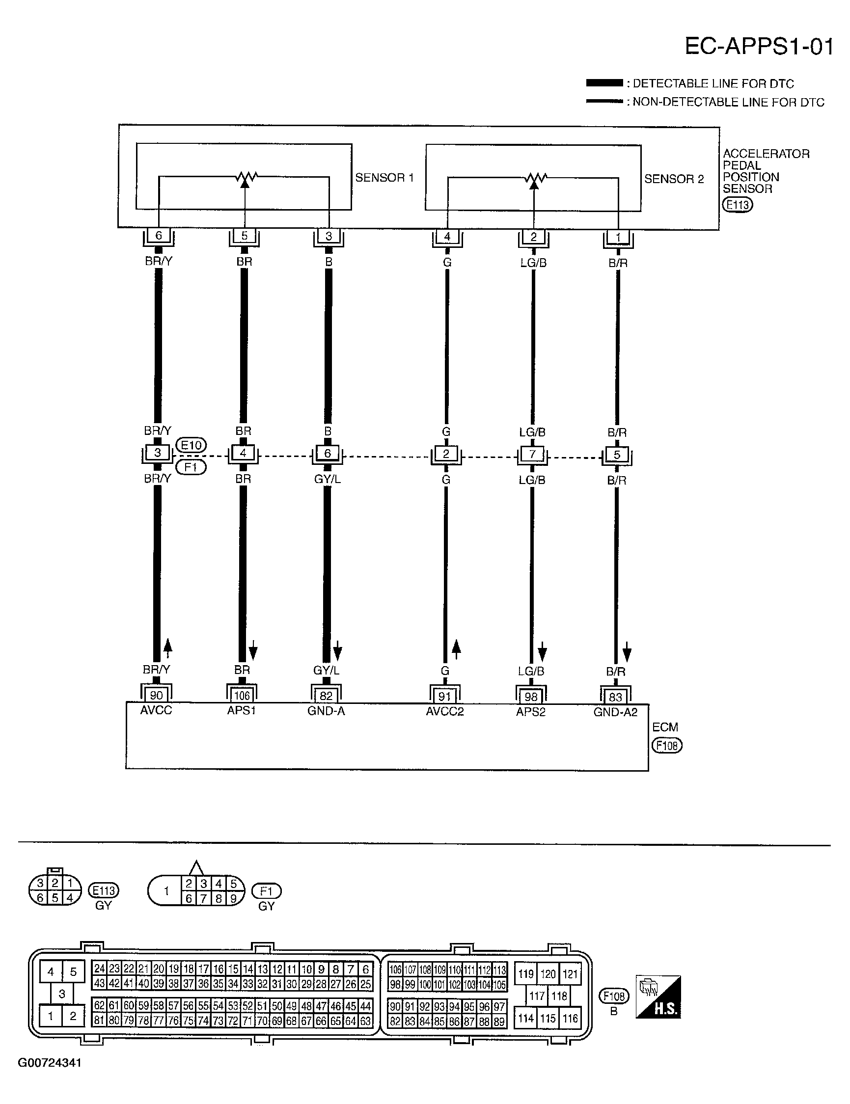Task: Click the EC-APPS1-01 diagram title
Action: (x=759, y=47)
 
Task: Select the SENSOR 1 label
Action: (x=384, y=177)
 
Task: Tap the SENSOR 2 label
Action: (x=674, y=179)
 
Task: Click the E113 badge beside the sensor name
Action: (x=738, y=205)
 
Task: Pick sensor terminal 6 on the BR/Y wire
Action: (x=158, y=236)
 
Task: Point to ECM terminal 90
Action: (x=156, y=696)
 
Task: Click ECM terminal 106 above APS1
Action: (x=242, y=696)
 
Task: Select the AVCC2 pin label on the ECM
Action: (x=445, y=712)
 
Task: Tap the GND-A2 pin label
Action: (x=615, y=712)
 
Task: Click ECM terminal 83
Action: (x=615, y=697)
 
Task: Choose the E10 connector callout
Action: (x=191, y=445)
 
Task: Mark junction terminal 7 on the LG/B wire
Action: (x=532, y=454)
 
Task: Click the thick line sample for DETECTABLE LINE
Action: (x=604, y=83)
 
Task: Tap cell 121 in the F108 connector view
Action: (x=570, y=974)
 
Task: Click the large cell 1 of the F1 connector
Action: (x=166, y=890)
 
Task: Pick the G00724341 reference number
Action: (x=50, y=1063)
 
